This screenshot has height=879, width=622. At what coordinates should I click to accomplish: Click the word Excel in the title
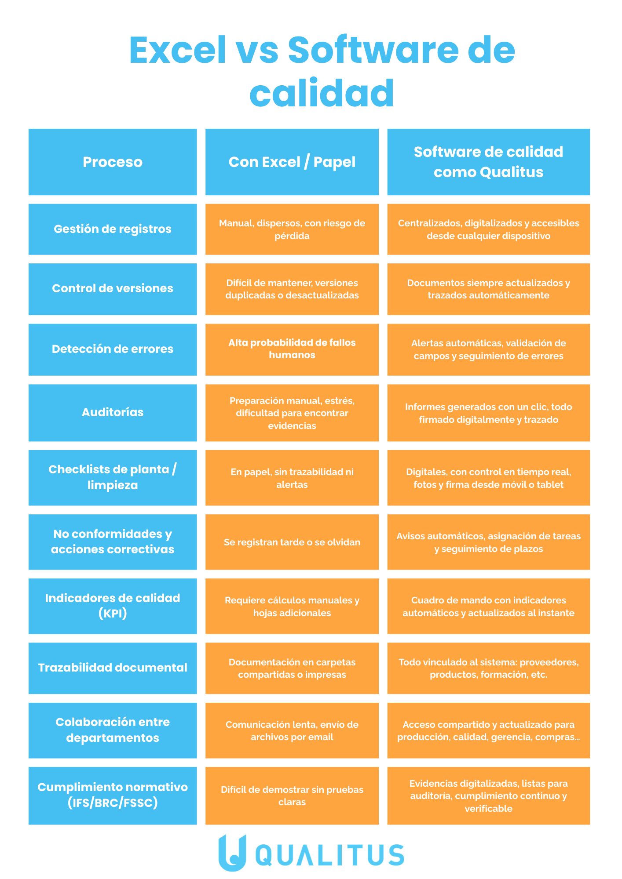point(178,50)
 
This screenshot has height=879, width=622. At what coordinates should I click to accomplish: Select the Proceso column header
point(113,162)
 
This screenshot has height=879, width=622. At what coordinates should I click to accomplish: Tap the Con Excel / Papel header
point(292,162)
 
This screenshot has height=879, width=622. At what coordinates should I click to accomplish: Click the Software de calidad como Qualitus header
point(488,162)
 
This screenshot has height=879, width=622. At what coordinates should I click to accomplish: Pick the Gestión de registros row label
point(113,229)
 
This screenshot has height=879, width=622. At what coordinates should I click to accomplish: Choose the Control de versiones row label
point(113,289)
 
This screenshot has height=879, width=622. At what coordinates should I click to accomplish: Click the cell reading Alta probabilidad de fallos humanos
point(292,349)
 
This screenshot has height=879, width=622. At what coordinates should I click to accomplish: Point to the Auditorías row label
point(113,412)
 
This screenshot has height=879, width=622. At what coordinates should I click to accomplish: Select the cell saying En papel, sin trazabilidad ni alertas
point(292,478)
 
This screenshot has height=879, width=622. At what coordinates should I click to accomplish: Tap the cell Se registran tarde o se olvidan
point(292,542)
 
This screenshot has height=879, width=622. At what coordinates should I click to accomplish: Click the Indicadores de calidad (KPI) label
point(113,606)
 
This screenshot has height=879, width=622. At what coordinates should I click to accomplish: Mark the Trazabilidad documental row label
point(113,668)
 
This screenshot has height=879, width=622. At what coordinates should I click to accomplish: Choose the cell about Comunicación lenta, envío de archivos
point(292,730)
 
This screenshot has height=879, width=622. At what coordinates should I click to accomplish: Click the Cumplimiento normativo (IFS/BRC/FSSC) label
point(113,795)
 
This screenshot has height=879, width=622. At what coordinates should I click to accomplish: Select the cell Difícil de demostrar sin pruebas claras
point(292,795)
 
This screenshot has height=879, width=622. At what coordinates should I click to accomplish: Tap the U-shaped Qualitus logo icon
point(232,853)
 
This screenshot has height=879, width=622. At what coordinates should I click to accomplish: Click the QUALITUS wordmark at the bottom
point(330,855)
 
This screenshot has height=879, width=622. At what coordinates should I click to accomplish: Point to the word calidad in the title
point(322,93)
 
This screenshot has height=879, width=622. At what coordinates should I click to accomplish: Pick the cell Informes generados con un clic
point(488,413)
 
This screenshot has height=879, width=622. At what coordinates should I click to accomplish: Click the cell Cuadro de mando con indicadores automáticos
point(488,606)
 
